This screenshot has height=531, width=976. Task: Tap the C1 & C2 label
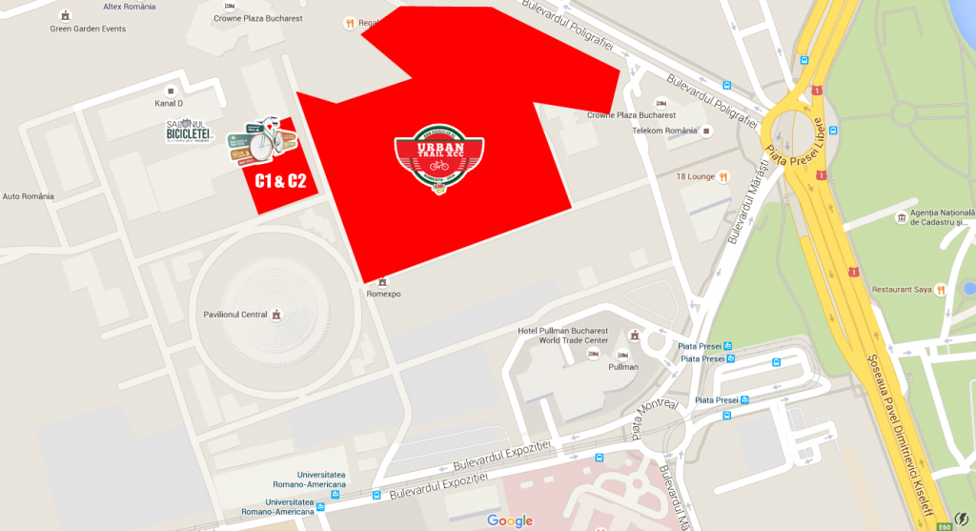click(280, 181)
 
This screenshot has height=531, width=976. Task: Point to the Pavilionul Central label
click(234, 315)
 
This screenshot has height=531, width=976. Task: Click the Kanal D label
click(169, 103)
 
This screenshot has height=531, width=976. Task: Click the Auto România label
click(29, 196)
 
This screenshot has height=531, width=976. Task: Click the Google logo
click(510, 521)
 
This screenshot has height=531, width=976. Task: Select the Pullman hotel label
click(623, 366)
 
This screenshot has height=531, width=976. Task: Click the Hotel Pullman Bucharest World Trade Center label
click(561, 336)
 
